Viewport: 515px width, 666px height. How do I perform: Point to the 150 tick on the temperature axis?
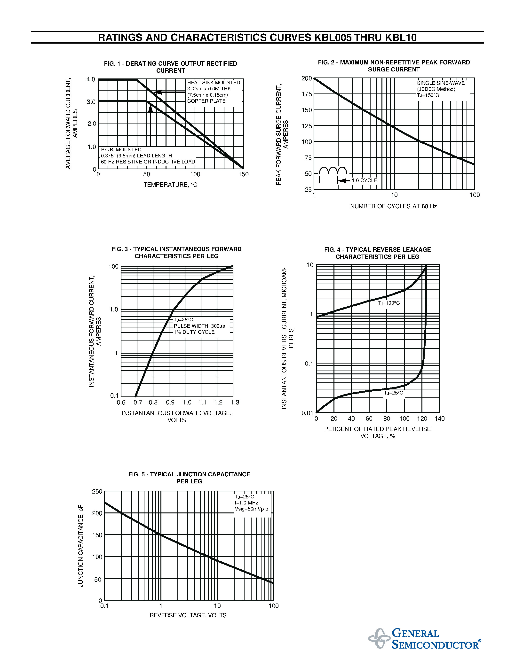(244, 174)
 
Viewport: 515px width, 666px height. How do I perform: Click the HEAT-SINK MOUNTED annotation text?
(214, 83)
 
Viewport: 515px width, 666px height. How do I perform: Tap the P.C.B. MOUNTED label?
(121, 150)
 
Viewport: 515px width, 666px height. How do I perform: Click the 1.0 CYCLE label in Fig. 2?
(364, 180)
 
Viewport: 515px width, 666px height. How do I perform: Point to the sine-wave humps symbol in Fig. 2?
(333, 171)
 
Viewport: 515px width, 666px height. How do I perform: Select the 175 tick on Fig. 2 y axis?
(307, 94)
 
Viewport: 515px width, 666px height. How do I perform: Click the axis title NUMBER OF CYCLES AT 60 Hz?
(393, 206)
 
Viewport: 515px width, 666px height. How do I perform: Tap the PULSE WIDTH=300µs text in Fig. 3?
(199, 326)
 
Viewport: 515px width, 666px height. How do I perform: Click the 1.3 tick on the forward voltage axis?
(235, 403)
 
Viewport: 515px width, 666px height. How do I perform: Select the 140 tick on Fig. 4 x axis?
(440, 419)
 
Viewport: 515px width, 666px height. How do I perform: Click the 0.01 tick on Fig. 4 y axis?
(307, 413)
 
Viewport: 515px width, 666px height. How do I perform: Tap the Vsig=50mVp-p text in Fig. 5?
(251, 509)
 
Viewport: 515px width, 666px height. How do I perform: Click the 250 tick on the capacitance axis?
(97, 492)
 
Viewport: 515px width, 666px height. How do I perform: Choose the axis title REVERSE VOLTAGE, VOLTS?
(188, 615)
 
